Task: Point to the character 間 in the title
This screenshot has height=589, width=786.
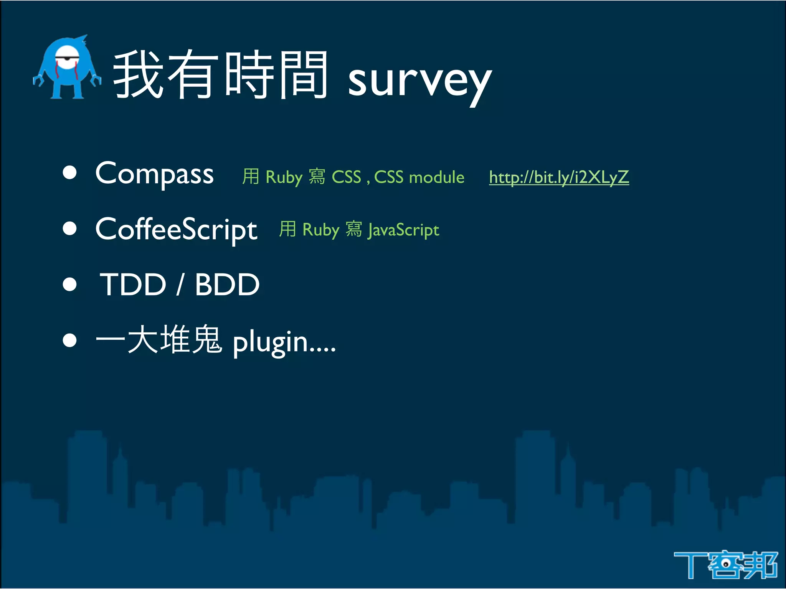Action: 303,75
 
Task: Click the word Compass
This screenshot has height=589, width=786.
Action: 154,174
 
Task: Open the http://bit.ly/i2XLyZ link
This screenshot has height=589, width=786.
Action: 559,177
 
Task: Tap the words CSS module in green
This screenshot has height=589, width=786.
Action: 419,177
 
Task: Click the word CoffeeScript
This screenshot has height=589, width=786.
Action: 176,229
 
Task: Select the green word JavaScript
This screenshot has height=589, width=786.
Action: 403,230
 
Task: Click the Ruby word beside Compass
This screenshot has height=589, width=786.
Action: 284,178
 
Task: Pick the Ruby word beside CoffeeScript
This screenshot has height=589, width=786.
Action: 321,230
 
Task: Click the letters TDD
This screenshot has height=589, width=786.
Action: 133,285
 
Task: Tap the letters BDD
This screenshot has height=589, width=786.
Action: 227,285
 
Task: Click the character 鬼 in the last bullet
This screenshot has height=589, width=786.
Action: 206,339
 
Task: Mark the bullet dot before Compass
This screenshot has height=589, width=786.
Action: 70,173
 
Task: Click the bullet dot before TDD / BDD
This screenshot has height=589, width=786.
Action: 70,285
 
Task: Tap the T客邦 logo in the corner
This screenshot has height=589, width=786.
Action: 725,565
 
